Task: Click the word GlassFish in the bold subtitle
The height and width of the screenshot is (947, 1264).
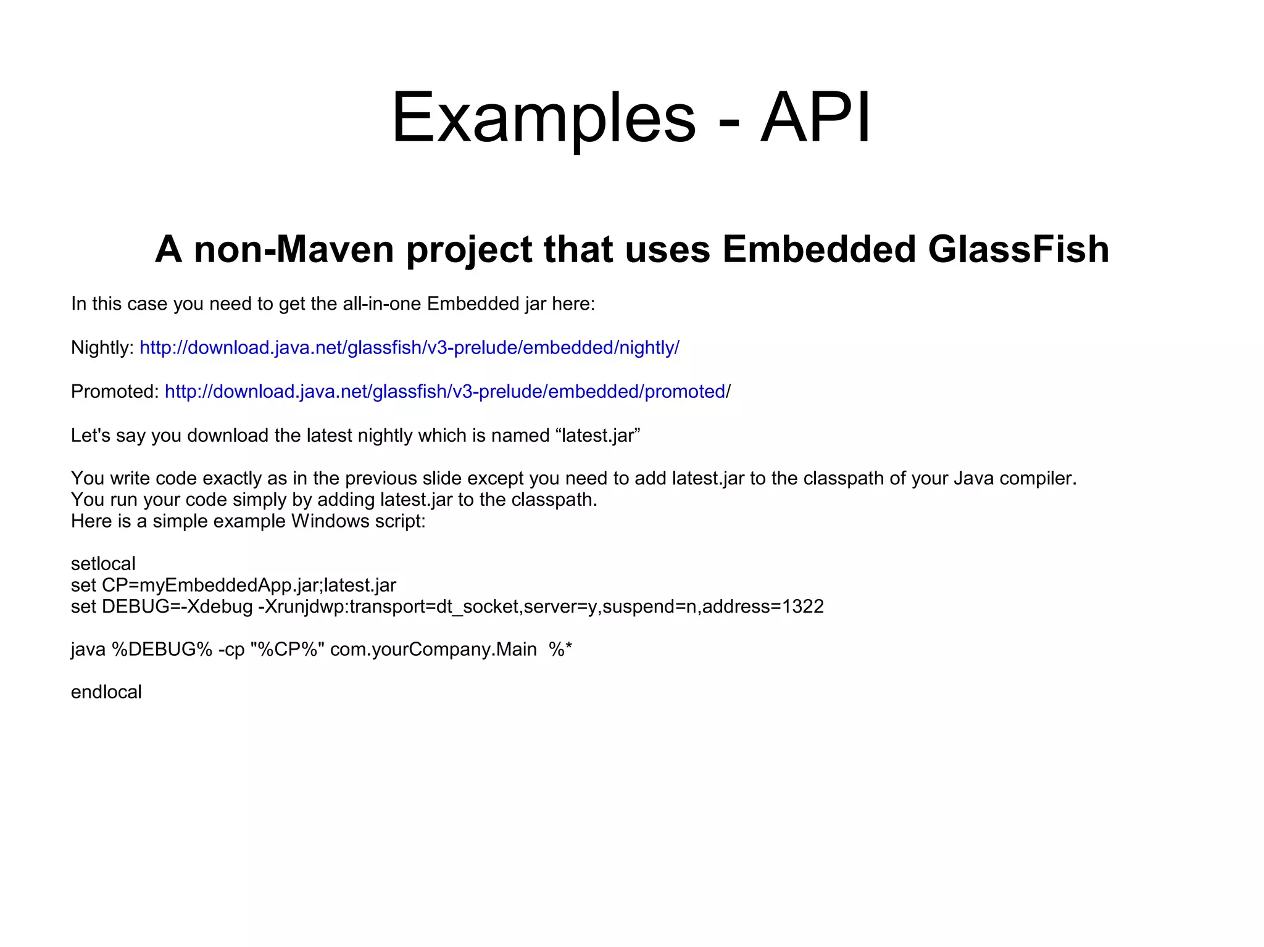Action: pos(1018,249)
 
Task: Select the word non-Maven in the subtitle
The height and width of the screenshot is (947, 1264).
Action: pos(294,249)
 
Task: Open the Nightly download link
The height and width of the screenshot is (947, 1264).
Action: pos(409,348)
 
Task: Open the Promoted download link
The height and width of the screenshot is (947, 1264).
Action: pos(445,392)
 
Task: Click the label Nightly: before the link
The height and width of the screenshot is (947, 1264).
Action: pos(102,348)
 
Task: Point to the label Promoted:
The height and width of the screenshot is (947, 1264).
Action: pos(115,392)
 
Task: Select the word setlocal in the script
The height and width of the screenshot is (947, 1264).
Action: pos(103,564)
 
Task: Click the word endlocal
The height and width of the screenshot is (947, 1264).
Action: pos(106,692)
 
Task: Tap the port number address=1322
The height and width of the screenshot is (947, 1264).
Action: pos(763,607)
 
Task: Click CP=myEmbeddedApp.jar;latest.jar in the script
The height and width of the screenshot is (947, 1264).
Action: pos(249,585)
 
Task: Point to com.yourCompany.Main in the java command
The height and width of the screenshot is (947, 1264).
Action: pos(433,650)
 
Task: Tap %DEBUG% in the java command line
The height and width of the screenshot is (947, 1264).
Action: pos(162,650)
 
